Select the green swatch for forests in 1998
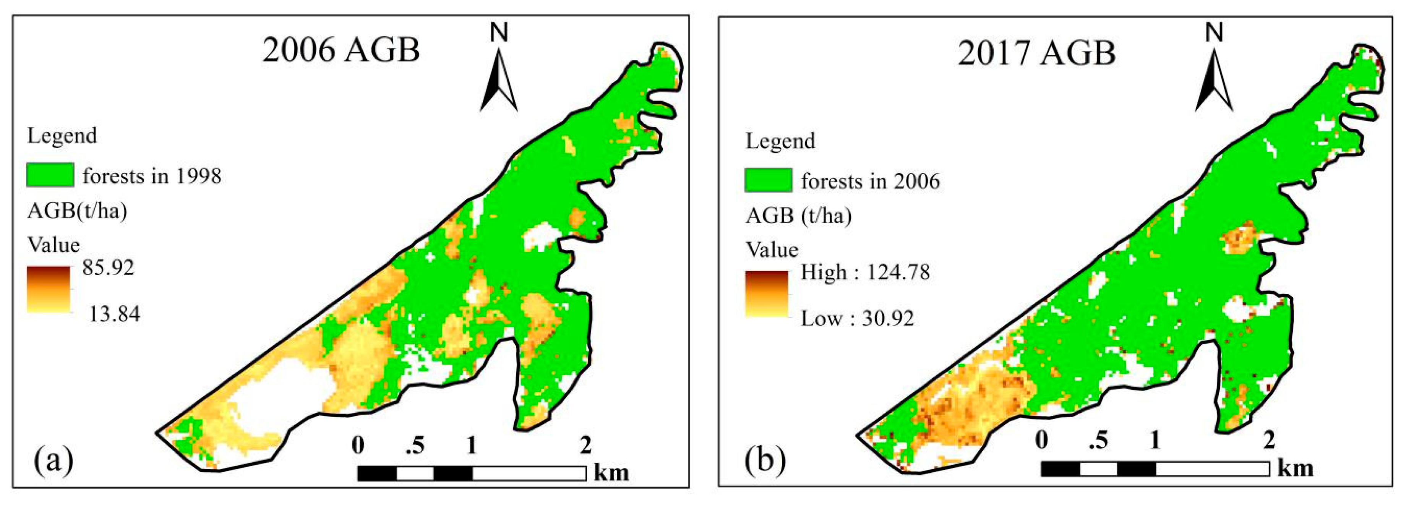[x=50, y=175]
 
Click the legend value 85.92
[x=108, y=267]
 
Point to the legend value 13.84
[x=114, y=314]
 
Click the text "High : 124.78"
[x=865, y=272]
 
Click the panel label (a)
[x=54, y=459]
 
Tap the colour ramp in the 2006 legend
[x=49, y=289]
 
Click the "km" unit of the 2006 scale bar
[x=611, y=472]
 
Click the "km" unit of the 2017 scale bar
[x=1295, y=468]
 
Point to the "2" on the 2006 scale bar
[x=585, y=446]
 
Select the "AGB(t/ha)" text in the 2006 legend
[x=77, y=211]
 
